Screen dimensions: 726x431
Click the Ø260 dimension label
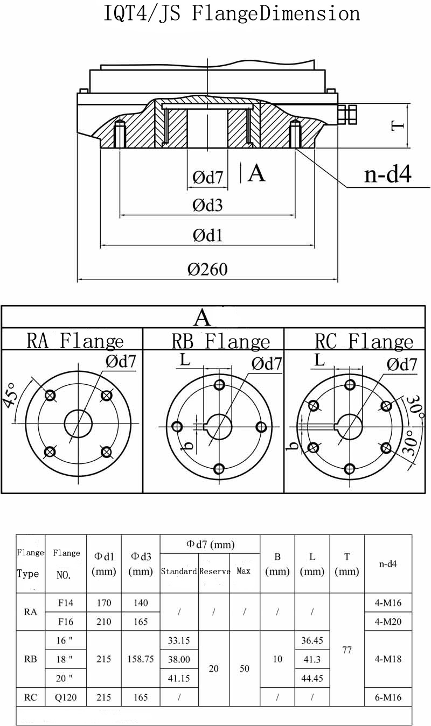(207, 269)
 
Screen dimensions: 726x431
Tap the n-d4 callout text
(388, 174)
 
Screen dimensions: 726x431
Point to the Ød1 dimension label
(207, 235)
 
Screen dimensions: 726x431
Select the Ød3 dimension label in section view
(207, 205)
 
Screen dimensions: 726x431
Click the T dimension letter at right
(398, 125)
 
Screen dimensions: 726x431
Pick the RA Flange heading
(75, 341)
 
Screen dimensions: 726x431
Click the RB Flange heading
(221, 341)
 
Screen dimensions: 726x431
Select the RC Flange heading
(364, 341)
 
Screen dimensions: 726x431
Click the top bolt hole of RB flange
(219, 385)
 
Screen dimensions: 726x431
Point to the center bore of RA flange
(79, 424)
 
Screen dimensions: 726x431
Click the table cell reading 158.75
(141, 659)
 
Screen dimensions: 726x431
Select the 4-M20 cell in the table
(388, 622)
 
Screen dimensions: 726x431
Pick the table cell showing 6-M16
(388, 697)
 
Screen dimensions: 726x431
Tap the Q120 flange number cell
(66, 697)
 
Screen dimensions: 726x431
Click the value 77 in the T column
(347, 650)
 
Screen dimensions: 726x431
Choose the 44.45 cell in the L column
(312, 678)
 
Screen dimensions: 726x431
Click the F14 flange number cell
(66, 603)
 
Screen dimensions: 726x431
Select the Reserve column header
(214, 571)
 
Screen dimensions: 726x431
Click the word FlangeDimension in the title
(276, 13)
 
